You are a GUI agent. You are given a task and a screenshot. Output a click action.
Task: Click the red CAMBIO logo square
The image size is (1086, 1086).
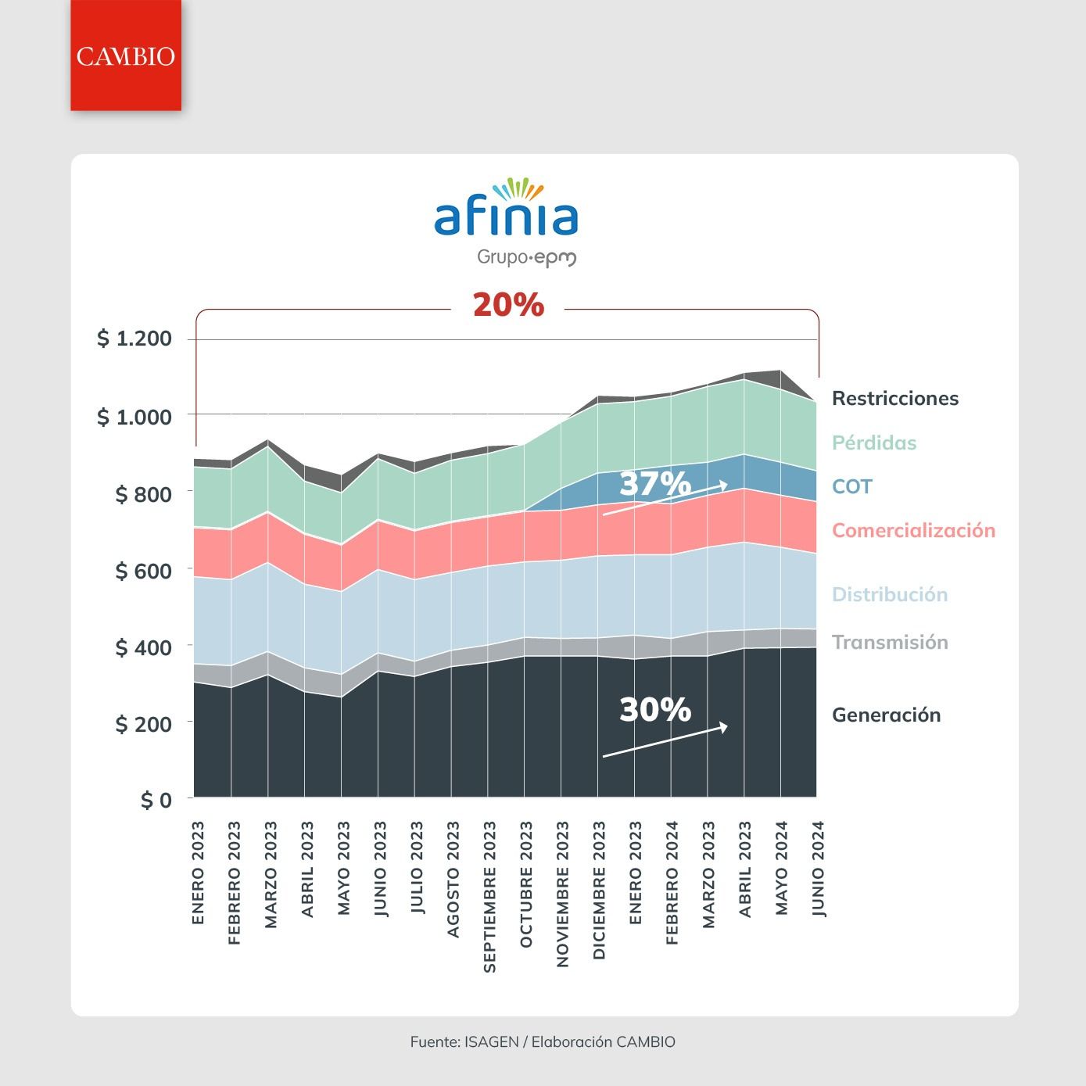coord(126,56)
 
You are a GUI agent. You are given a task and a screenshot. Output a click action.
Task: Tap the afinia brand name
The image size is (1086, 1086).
coord(506,217)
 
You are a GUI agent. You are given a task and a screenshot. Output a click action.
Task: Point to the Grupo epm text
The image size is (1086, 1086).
coord(526,258)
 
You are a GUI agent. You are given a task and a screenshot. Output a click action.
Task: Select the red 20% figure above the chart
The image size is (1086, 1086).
coord(508,305)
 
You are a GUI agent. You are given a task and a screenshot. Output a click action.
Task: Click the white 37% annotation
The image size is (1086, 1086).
coord(655,483)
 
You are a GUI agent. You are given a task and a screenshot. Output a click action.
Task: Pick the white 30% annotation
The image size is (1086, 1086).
coord(655,709)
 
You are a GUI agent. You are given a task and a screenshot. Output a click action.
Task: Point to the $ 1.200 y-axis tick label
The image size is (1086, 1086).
coord(134,338)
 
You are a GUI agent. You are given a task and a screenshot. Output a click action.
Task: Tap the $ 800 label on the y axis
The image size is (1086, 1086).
coord(143,494)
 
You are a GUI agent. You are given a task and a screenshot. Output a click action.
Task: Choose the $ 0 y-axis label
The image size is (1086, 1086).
coord(156,800)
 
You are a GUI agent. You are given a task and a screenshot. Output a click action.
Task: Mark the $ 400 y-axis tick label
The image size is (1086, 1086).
coord(143,647)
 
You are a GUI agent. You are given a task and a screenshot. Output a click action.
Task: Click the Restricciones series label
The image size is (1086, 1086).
coord(895,399)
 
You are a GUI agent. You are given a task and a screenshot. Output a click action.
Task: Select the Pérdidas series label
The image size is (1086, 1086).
coord(874,443)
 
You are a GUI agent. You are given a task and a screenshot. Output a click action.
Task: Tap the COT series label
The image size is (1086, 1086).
coord(852,486)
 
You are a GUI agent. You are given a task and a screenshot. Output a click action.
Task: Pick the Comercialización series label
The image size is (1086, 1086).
coord(913,530)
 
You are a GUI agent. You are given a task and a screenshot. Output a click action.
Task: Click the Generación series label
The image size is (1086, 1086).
coord(886,715)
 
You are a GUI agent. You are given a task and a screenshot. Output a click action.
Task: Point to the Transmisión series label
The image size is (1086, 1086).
coord(890,642)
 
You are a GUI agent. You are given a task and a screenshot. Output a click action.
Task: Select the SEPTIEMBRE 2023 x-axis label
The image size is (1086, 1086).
coord(489,897)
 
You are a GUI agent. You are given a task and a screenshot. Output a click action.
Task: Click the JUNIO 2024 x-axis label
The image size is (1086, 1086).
coord(818,869)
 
